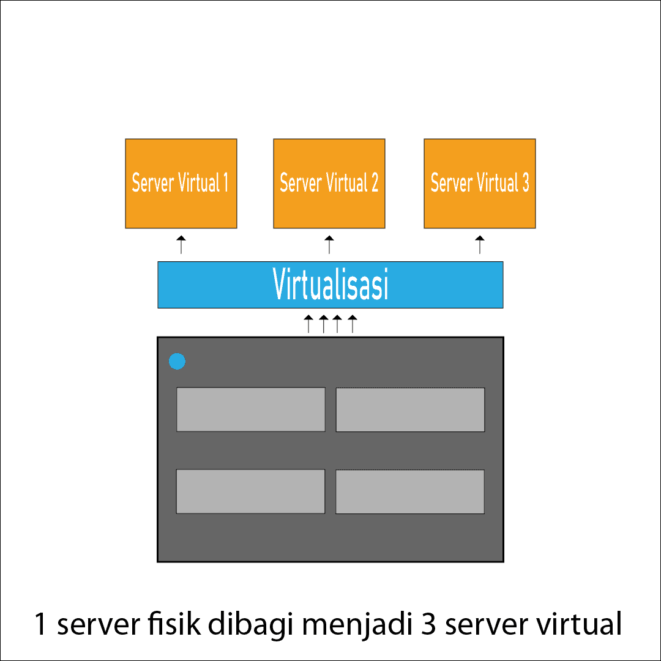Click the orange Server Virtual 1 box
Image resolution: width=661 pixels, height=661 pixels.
point(181,184)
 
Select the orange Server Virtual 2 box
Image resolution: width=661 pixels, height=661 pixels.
point(329,184)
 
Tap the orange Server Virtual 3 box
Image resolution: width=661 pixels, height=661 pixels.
point(480,184)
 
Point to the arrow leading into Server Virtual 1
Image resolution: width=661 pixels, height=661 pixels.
point(181,244)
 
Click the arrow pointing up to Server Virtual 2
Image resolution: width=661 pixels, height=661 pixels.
point(329,244)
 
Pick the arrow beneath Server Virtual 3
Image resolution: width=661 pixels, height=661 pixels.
point(480,244)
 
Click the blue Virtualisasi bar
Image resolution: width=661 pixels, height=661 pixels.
point(330,285)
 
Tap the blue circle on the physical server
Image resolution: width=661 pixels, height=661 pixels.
point(177,362)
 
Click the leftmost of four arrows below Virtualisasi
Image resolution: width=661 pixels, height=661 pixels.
point(309,323)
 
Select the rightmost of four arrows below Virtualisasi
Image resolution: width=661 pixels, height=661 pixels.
point(352,323)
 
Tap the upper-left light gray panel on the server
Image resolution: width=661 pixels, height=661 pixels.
point(251,409)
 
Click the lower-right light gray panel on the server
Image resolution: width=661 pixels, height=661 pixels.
point(410,491)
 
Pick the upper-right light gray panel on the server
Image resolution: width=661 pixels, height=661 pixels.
point(410,409)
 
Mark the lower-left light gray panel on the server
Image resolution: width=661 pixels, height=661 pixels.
point(251,491)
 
